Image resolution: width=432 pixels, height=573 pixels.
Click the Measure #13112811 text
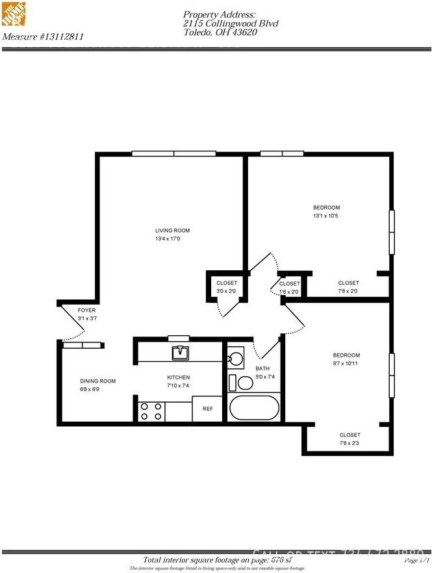(x=43, y=37)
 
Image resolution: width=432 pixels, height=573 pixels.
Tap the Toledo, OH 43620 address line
(x=220, y=32)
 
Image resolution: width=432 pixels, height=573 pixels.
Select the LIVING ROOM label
(x=172, y=231)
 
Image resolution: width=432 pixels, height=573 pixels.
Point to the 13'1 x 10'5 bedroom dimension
(x=326, y=216)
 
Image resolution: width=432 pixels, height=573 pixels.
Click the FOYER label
(x=87, y=311)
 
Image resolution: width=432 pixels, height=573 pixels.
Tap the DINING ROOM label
(x=97, y=381)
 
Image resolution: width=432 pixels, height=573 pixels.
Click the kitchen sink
(x=179, y=353)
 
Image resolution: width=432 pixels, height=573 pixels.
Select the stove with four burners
(x=151, y=411)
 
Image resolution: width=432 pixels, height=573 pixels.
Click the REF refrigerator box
(x=208, y=409)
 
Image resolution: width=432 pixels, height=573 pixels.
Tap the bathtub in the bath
(x=253, y=409)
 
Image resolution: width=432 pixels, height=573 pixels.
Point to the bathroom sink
(x=235, y=358)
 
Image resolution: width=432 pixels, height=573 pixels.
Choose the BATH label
(x=262, y=368)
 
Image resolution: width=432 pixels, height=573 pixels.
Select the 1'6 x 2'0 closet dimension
(x=290, y=292)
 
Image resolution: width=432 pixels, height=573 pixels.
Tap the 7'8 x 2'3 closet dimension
(x=349, y=444)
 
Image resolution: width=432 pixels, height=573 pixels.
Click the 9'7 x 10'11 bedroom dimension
(x=346, y=364)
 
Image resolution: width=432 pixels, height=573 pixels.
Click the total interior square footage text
(x=216, y=560)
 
